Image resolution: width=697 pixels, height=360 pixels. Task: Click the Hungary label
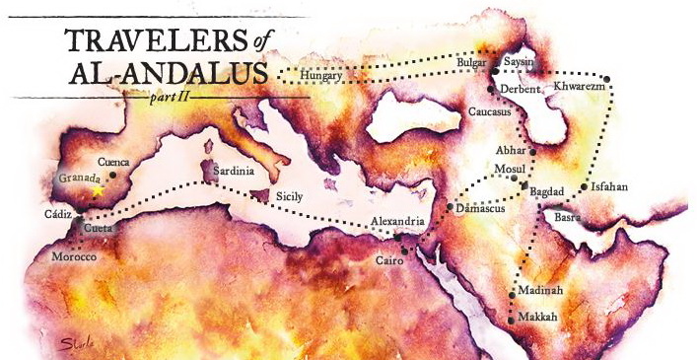click(x=321, y=75)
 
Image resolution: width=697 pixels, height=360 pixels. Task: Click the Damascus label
click(x=482, y=208)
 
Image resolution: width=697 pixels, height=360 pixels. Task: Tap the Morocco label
click(x=74, y=256)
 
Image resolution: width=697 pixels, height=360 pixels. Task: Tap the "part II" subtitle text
click(x=172, y=99)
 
